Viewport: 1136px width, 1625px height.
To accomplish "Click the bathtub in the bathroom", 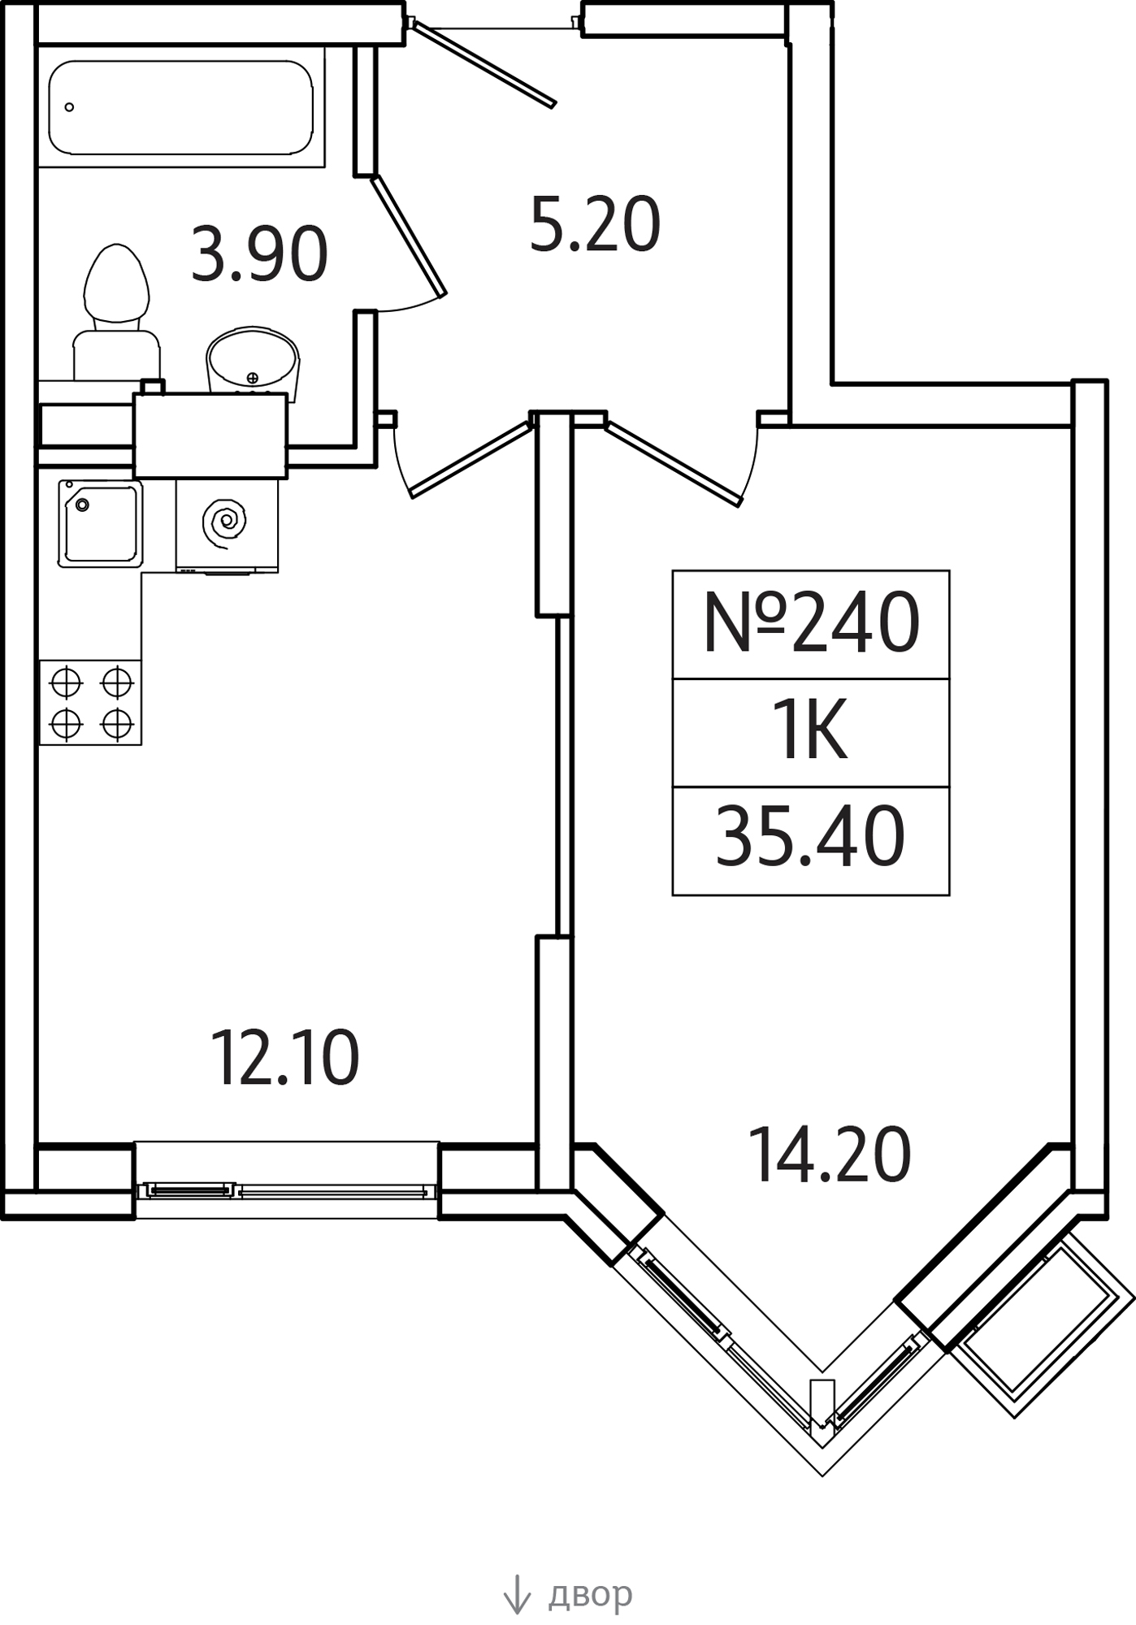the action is click(x=181, y=107).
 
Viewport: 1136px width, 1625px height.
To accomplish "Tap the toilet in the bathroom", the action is click(x=117, y=312).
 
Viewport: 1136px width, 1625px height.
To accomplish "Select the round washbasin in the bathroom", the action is click(x=253, y=362).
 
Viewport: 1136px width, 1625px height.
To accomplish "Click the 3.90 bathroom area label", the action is click(x=259, y=254).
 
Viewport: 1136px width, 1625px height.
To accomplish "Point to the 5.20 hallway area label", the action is click(x=595, y=224).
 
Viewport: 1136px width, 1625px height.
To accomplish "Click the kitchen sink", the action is click(x=100, y=524).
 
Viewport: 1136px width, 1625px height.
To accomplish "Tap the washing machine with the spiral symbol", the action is click(x=227, y=526).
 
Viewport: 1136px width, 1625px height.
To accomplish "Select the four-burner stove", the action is click(x=90, y=702).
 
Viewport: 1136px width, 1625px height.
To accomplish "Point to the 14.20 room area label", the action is click(x=829, y=1155).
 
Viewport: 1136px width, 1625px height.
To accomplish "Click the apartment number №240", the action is click(x=811, y=623).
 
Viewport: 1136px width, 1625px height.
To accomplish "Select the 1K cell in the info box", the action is click(x=810, y=732).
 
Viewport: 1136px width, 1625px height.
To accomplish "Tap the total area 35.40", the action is click(x=810, y=836).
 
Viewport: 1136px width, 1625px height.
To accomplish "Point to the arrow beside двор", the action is click(x=517, y=1594).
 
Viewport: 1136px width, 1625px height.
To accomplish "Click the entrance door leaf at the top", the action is click(x=483, y=63).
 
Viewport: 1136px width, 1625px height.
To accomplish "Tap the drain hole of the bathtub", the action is click(x=69, y=107).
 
